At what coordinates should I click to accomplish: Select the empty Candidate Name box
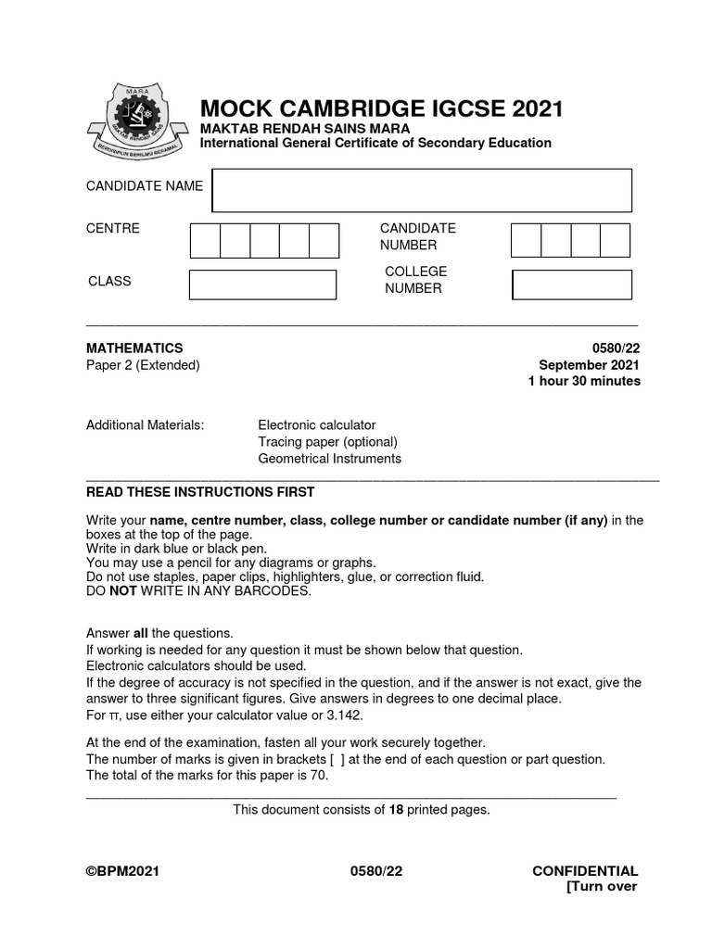coord(422,190)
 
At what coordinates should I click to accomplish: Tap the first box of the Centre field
coord(205,240)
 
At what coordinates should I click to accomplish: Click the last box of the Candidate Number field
coord(615,240)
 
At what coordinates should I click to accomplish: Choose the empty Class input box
coord(262,285)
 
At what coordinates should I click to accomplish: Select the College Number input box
coord(572,285)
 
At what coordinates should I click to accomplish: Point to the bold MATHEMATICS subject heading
coord(134,348)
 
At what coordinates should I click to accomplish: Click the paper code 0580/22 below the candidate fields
coord(614,348)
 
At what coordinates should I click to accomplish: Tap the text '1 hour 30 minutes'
coord(584,382)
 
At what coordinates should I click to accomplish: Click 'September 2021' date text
coord(590,365)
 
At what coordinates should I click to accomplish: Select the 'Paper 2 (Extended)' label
coord(143,365)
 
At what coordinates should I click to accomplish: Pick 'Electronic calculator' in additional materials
coord(317,425)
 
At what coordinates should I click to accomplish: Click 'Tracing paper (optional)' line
coord(327,442)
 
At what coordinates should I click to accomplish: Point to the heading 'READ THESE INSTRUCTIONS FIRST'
coord(200,492)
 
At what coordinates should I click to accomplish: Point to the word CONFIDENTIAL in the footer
coord(585,871)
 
